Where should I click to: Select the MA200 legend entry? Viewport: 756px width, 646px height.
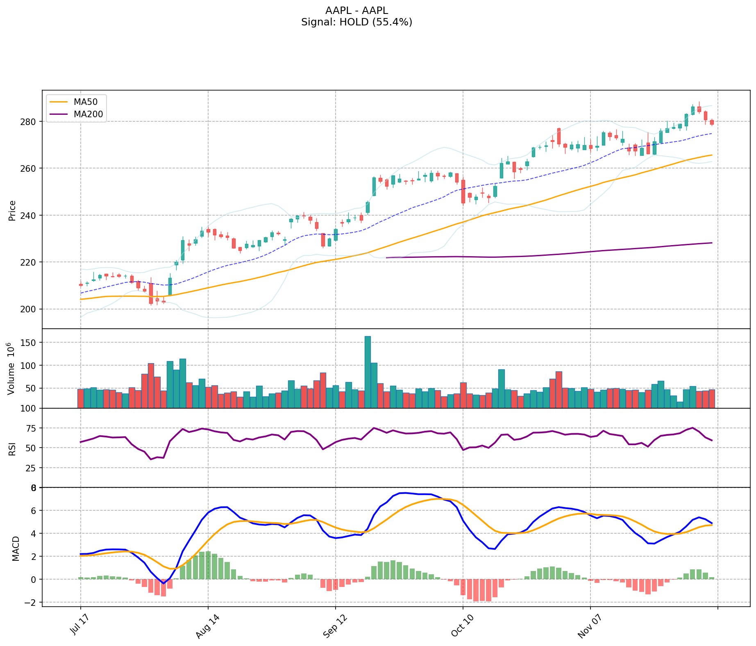[x=88, y=114]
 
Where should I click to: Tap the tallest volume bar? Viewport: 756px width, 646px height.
[x=368, y=372]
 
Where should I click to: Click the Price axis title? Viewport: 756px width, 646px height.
[x=12, y=210]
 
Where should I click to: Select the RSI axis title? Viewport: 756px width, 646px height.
[x=12, y=448]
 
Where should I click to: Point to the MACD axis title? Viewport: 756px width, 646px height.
[x=16, y=548]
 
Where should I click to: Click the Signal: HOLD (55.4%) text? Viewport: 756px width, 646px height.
[x=356, y=22]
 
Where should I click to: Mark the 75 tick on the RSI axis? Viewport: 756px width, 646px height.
[x=32, y=428]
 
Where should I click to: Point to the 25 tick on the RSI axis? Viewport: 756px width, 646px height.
[x=32, y=468]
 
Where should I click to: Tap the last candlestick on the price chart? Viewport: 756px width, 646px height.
[x=712, y=122]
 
